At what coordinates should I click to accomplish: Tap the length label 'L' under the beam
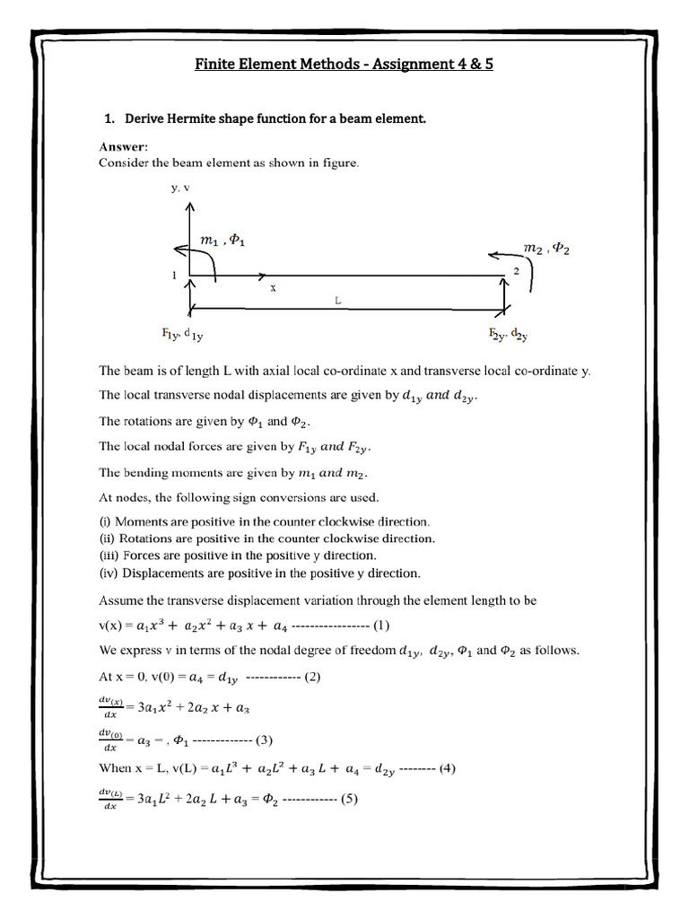pos(338,302)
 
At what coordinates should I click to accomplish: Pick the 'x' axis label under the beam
pos(271,289)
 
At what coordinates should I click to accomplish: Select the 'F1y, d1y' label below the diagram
pos(182,336)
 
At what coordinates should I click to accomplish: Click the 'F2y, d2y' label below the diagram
pos(509,336)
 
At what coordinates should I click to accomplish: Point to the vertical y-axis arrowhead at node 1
pos(188,208)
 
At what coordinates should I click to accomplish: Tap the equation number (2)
pos(311,677)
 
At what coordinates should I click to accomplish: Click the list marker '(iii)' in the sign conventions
pos(109,556)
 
